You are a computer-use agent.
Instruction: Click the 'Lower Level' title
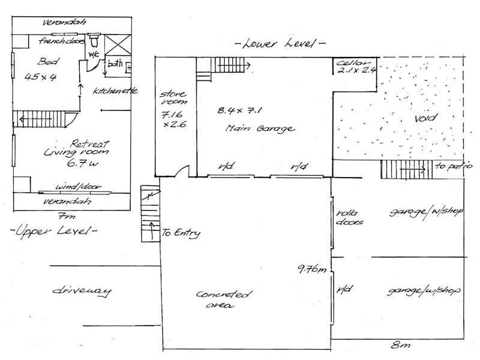[x=280, y=44]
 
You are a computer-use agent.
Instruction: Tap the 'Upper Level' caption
[x=53, y=230]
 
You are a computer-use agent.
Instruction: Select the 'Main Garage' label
[x=260, y=128]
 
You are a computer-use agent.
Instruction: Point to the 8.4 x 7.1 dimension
[x=239, y=110]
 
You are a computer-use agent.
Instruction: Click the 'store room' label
[x=173, y=98]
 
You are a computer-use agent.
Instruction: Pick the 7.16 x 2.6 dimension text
[x=173, y=119]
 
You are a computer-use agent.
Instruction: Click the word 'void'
[x=426, y=118]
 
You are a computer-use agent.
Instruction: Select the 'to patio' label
[x=454, y=166]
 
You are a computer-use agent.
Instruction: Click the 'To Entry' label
[x=181, y=233]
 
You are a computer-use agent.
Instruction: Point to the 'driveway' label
[x=82, y=291]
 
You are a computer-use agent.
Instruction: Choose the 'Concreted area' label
[x=224, y=299]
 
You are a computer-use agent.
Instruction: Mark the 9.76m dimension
[x=312, y=269]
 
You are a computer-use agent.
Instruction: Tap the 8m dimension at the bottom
[x=400, y=345]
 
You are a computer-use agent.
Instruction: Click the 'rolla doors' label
[x=349, y=217]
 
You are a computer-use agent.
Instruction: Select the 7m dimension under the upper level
[x=67, y=217]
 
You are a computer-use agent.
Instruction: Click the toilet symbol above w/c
[x=94, y=40]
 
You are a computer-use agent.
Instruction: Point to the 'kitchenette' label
[x=115, y=91]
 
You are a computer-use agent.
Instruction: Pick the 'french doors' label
[x=61, y=41]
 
